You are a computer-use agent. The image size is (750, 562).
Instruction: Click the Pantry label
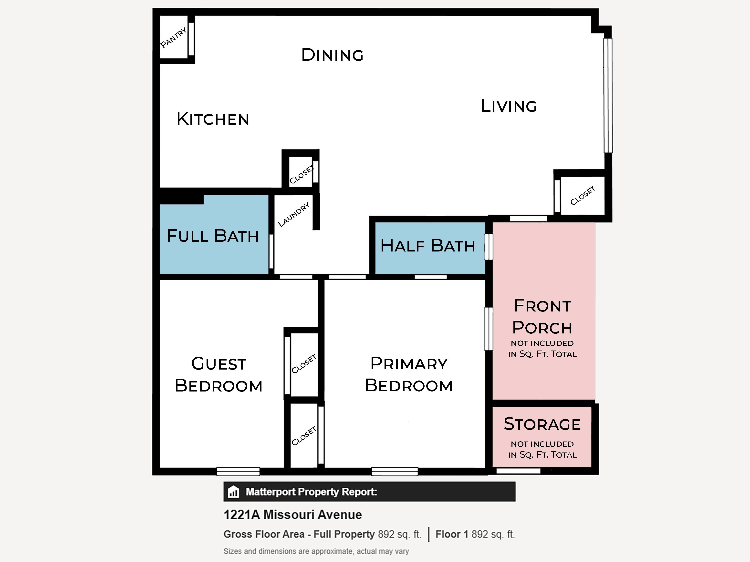pyautogui.click(x=174, y=38)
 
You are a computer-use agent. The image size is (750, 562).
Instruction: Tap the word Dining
pyautogui.click(x=332, y=55)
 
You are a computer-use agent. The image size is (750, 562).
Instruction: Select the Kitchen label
pyautogui.click(x=213, y=119)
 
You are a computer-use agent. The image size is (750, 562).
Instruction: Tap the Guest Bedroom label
pyautogui.click(x=219, y=375)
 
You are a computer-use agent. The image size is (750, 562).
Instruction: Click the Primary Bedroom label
pyautogui.click(x=408, y=374)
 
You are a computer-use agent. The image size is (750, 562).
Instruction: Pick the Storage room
pyautogui.click(x=542, y=437)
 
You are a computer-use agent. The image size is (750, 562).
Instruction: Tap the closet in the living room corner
pyautogui.click(x=583, y=195)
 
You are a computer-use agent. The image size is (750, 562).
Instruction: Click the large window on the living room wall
pyautogui.click(x=608, y=96)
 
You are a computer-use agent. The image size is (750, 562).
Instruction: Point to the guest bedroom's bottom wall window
pyautogui.click(x=238, y=471)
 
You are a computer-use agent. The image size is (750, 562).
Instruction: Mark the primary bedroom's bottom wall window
pyautogui.click(x=395, y=471)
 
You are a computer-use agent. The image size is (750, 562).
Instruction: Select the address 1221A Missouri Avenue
pyautogui.click(x=293, y=515)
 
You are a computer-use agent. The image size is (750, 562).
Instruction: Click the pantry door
pyautogui.click(x=191, y=39)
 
